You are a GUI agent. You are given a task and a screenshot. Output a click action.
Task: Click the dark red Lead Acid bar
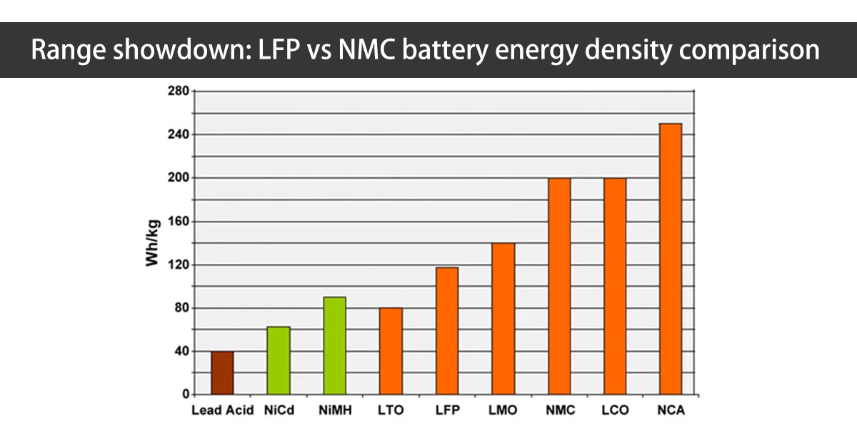(222, 373)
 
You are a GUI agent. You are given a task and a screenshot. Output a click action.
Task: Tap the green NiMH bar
(334, 345)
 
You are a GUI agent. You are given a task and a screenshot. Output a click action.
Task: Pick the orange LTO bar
(391, 351)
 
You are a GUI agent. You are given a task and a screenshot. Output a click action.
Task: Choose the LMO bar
(503, 319)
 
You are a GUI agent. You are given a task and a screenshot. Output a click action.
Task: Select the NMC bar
(558, 286)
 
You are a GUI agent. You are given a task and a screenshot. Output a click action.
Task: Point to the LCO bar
(615, 286)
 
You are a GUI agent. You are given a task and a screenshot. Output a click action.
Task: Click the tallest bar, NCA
(671, 259)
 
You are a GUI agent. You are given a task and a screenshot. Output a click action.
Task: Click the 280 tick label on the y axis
(177, 92)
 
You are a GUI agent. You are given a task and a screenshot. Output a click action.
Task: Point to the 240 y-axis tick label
(177, 134)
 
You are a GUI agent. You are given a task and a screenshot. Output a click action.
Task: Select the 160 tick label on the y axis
(177, 222)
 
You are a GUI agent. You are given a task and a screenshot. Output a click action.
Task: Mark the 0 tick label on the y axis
(184, 395)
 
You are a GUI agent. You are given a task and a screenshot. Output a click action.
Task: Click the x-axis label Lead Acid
(222, 411)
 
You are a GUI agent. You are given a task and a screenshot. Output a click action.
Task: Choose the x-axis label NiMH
(334, 411)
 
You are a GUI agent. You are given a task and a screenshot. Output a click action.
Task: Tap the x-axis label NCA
(671, 411)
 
